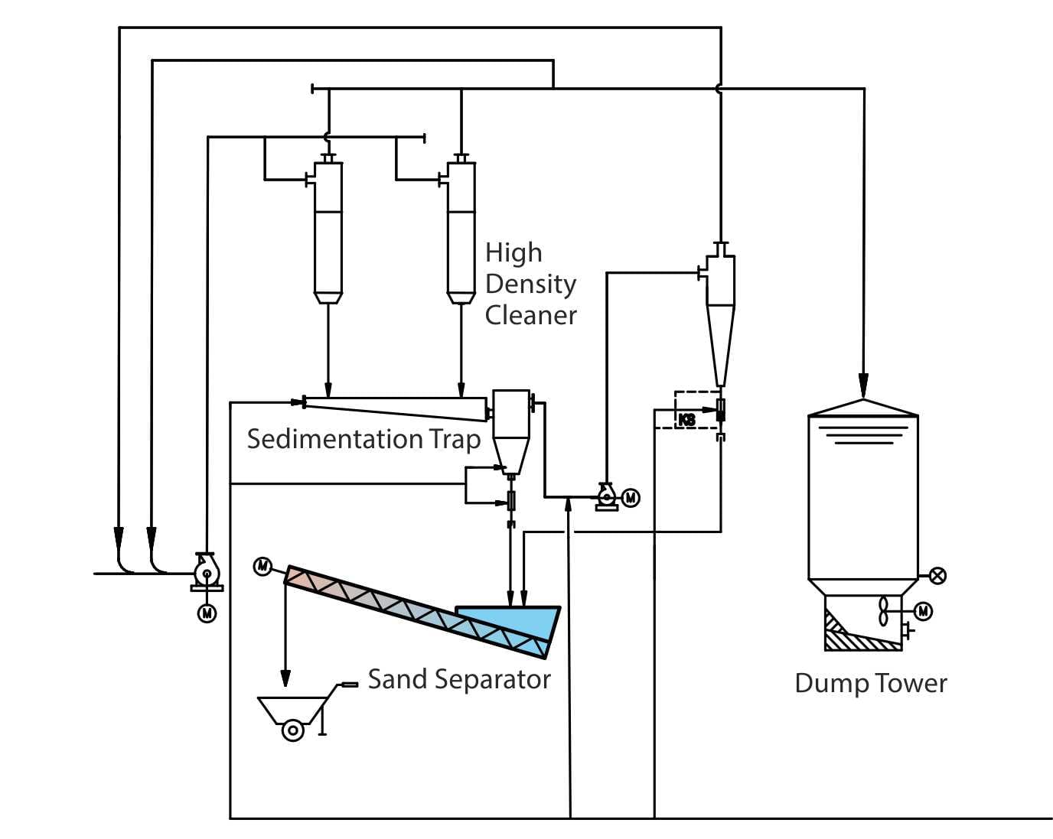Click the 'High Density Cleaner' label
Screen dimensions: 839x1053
tap(530, 284)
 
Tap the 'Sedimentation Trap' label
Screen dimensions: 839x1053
tap(363, 439)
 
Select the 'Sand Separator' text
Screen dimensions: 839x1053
tap(459, 679)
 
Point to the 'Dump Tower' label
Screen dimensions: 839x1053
tap(870, 683)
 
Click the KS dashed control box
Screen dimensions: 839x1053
tap(687, 418)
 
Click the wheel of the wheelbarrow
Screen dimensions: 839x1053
tap(292, 730)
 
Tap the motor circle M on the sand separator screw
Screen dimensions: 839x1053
tap(262, 566)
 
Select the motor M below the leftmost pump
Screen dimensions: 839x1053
tap(207, 613)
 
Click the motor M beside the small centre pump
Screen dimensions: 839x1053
tap(631, 498)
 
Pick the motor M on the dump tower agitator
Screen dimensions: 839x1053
tap(924, 611)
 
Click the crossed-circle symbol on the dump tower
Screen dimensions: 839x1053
tap(937, 576)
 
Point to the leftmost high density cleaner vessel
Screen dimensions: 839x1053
tap(328, 229)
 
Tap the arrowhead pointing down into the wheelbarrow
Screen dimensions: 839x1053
tap(285, 678)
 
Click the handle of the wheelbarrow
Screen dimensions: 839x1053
tap(349, 684)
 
